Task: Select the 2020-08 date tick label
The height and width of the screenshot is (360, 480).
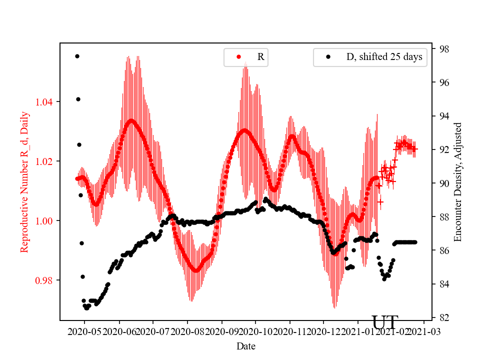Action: click(x=187, y=331)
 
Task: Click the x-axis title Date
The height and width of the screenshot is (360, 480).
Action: click(x=245, y=346)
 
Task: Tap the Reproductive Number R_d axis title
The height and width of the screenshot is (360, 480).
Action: click(x=24, y=181)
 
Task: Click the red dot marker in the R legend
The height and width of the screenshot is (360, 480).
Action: click(x=239, y=57)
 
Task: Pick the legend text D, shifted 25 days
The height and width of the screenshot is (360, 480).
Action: click(x=384, y=57)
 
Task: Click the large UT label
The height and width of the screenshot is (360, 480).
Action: click(x=385, y=322)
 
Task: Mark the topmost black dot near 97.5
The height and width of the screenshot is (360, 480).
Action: click(x=77, y=56)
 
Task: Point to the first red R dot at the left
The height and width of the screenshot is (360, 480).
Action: click(x=77, y=178)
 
